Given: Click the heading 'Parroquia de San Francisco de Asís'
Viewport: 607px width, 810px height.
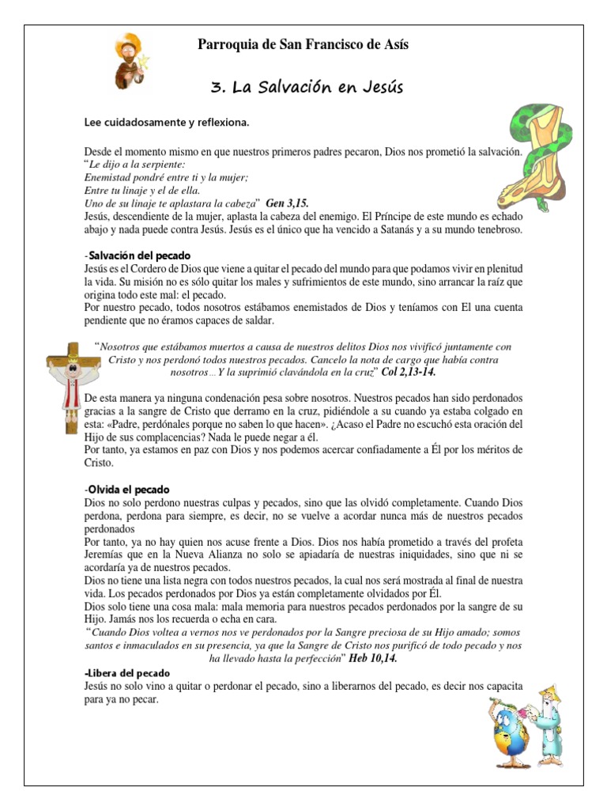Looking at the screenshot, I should (303, 45).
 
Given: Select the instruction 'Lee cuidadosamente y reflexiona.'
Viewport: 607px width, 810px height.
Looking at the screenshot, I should (166, 123).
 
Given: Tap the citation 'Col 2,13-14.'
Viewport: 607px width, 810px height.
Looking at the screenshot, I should (408, 371).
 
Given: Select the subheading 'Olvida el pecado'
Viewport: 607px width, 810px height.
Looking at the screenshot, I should (129, 490).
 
